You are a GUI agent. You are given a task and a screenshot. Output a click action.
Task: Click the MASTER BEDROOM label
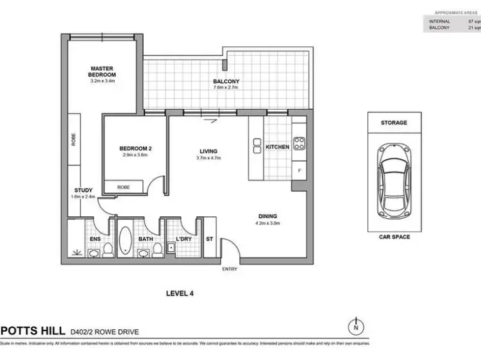click(102, 71)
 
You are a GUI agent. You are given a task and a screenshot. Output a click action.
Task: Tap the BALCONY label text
click(226, 81)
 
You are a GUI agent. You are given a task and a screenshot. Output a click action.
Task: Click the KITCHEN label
click(277, 147)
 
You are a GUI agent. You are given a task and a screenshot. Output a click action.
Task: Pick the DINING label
click(269, 217)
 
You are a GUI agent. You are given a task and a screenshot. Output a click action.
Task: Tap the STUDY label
click(83, 190)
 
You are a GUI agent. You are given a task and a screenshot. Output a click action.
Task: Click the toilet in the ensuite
click(107, 249)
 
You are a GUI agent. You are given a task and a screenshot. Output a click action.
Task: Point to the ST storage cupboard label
click(209, 239)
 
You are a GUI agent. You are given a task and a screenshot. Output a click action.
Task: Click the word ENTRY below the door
click(230, 269)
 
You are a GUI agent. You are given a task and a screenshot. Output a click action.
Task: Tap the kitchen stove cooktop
click(299, 142)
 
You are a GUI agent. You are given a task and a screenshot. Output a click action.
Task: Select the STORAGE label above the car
click(394, 123)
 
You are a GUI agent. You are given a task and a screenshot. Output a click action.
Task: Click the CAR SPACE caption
click(394, 237)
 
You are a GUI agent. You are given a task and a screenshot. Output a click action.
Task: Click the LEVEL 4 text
click(180, 293)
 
